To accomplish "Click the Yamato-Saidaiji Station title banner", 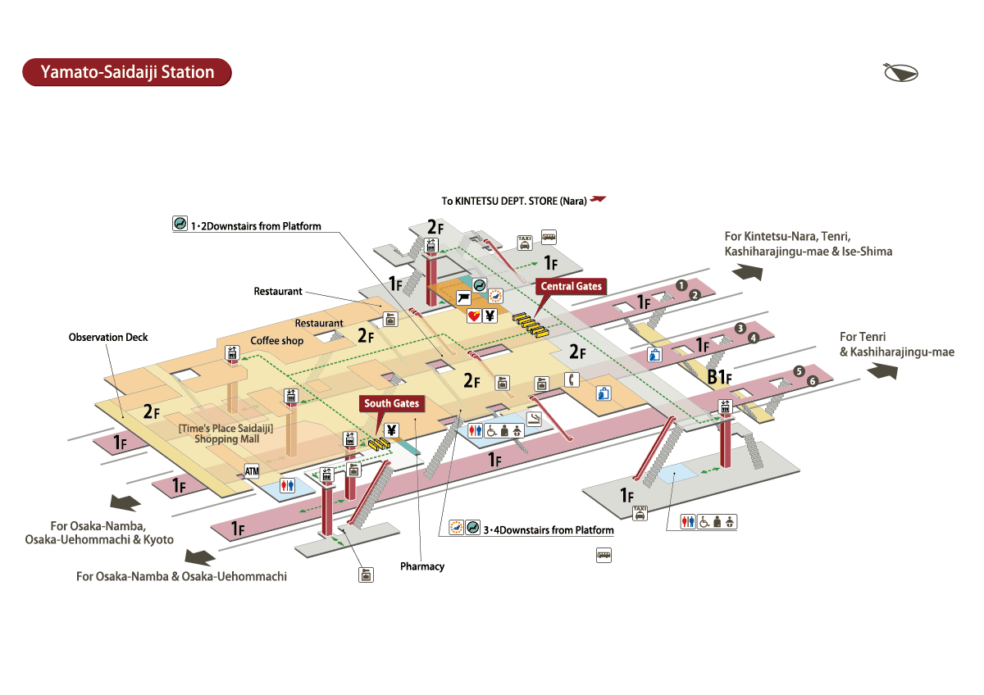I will (127, 72).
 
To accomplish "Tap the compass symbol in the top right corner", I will (900, 72).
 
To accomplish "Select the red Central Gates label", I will (571, 286).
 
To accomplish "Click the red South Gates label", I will (392, 403).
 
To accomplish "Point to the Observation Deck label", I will (108, 338).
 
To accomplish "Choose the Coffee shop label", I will (276, 341).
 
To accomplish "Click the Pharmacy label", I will (422, 566).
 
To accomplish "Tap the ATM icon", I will (252, 471).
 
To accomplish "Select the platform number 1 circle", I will (680, 285).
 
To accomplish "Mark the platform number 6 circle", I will (813, 381).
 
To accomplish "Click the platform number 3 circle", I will (740, 328).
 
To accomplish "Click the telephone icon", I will (572, 379).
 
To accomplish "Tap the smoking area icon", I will (534, 420).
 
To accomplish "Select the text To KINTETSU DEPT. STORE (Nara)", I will (515, 201).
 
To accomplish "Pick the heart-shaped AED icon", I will (474, 316).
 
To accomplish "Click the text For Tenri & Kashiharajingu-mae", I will (896, 344).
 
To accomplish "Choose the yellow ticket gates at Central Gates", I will (528, 324).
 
